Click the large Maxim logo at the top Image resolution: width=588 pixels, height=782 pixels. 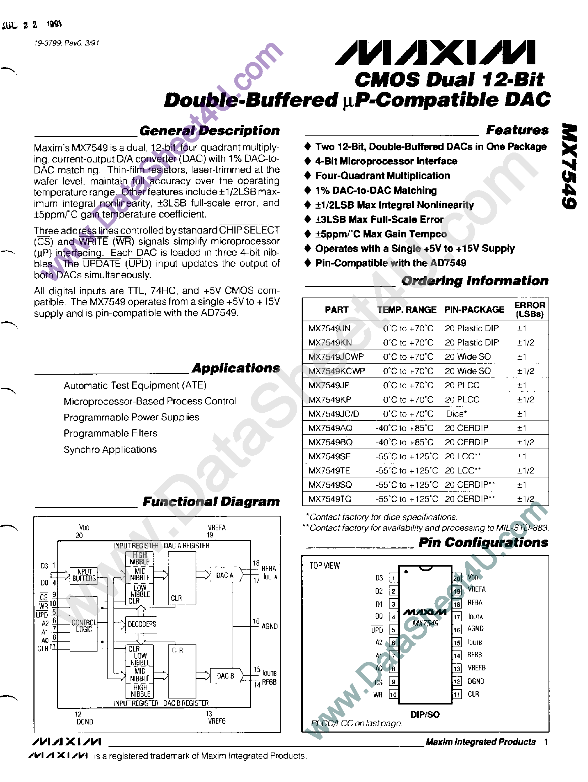435,53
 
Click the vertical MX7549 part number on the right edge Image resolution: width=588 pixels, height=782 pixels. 570,166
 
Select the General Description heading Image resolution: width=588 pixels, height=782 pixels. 209,130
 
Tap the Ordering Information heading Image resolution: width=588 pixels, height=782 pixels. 475,281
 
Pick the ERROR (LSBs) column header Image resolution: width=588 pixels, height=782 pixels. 529,310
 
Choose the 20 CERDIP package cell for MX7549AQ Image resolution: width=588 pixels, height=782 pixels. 466,428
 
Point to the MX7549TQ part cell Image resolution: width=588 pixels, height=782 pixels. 330,499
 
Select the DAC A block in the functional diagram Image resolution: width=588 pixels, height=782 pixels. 225,575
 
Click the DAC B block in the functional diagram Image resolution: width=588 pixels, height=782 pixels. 226,676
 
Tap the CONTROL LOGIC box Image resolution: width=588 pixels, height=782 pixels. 84,626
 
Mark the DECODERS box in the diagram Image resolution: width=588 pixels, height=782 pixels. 142,624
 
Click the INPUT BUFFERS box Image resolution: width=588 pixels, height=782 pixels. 84,575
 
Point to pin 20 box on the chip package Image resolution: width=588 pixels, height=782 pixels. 457,578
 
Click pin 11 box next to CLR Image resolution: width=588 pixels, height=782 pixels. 457,694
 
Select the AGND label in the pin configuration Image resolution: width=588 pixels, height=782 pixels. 475,628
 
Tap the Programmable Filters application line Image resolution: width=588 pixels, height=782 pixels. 110,433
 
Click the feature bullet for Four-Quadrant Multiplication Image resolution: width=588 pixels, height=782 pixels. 308,176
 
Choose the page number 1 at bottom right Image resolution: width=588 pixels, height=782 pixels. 546,741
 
